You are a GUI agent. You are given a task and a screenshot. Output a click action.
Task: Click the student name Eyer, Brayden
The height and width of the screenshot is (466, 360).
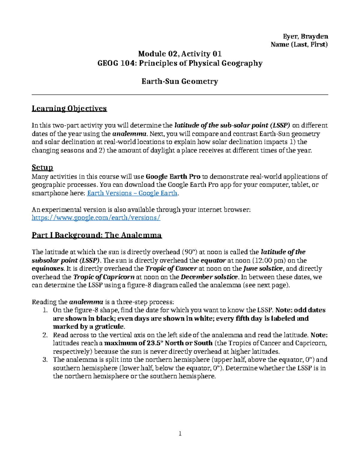305,36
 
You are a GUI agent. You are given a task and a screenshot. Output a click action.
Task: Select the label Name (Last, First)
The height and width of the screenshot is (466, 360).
299,44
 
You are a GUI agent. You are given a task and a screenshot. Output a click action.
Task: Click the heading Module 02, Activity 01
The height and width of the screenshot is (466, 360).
180,54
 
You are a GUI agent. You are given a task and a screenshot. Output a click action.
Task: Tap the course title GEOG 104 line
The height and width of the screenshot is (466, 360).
180,63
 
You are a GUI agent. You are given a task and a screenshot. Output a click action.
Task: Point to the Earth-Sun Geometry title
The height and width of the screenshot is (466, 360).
180,81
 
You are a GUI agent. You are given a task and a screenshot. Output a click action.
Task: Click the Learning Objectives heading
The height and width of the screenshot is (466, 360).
69,108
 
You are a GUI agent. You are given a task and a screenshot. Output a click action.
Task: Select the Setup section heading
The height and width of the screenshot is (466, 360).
42,167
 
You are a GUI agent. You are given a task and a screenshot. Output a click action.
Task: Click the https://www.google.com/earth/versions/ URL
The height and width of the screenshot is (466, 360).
96,218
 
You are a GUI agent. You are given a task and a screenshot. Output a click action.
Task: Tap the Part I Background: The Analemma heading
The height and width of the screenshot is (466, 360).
97,235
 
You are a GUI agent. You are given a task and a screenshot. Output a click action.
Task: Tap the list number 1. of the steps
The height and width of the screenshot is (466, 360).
45,310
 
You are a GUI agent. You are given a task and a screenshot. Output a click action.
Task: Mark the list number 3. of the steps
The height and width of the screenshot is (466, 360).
45,360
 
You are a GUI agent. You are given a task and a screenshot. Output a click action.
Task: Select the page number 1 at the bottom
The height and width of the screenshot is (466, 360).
180,433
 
